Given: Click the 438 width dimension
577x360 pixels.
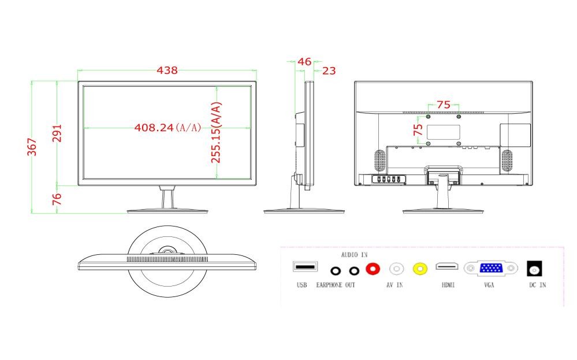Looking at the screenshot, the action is point(167,70).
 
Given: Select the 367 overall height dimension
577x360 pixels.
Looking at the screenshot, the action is point(32,147).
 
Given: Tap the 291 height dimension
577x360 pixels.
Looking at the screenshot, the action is point(57,133).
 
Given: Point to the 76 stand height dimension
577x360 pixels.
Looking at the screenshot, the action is point(57,199).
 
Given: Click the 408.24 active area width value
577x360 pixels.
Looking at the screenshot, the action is point(154,127).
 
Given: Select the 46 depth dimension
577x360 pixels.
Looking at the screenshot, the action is point(304,61).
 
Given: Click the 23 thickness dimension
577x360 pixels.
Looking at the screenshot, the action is point(329,70).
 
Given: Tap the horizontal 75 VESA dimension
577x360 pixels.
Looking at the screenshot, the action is point(444,105).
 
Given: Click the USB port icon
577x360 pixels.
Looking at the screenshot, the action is point(305,266).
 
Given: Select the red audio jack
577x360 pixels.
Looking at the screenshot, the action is point(373,268).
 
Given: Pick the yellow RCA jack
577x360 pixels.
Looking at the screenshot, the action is point(420,269).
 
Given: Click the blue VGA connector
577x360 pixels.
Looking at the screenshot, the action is point(491,268).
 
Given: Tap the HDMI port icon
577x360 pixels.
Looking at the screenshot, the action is point(447,266).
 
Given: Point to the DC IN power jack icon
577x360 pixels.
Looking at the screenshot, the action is point(535,268).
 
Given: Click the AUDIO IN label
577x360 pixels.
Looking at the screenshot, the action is point(354,255).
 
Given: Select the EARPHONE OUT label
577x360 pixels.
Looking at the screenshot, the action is point(336,285).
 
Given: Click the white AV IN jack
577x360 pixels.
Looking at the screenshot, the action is point(396,269).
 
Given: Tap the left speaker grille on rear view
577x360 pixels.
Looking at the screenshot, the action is point(380,161).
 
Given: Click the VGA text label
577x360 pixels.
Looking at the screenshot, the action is point(489,285).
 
